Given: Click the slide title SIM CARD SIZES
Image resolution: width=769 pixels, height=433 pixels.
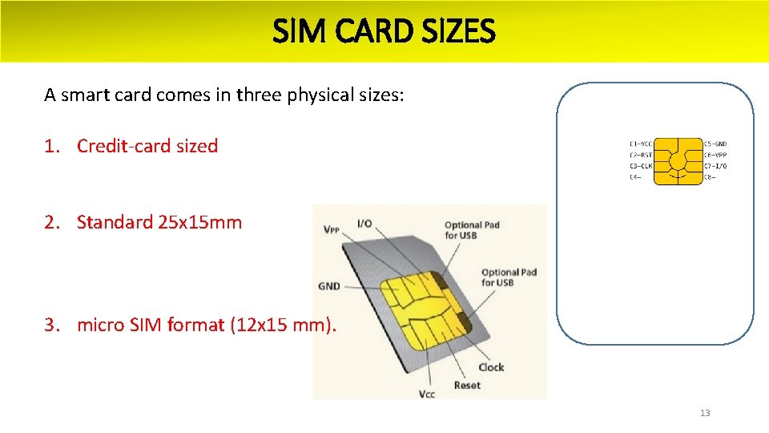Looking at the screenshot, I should coord(384,32).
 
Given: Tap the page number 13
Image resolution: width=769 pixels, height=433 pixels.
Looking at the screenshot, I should coord(705,413).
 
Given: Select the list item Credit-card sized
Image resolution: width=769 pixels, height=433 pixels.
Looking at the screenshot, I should coord(147,146).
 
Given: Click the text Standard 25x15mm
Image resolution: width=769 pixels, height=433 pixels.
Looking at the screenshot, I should coord(159,222).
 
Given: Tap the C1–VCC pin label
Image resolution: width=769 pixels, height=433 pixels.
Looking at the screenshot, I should coord(641,144).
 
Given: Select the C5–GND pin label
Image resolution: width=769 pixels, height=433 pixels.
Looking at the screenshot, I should coord(715,144).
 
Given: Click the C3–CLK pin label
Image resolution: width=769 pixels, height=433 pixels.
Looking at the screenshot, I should coord(641,166).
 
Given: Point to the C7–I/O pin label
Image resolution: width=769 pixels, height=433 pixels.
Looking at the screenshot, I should coord(715,166).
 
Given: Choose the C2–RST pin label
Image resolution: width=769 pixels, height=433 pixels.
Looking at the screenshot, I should coord(641,155).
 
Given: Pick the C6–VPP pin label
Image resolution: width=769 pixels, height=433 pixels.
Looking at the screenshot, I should coord(715,155).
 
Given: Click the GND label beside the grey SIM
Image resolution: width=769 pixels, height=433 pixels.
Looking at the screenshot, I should coord(329,285).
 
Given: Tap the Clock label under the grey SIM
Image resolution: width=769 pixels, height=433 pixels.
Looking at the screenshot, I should coord(491,367).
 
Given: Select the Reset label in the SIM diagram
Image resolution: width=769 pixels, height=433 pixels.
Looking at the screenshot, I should coord(467,385).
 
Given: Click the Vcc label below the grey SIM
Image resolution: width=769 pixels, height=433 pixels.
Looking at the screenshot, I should coord(427,394).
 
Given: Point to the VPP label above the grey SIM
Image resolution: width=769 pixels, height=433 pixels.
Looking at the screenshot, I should coord(331,230).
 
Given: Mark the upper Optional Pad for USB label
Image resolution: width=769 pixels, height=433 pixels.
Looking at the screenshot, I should coord(472,230).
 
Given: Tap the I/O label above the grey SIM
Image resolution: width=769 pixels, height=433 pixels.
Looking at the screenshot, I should coord(364,223).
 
